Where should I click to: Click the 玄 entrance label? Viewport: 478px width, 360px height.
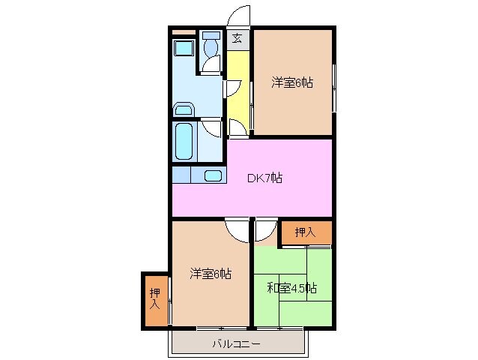click(237, 39)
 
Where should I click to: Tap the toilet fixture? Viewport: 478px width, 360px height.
click(210, 50)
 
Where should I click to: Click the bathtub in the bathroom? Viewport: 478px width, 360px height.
click(184, 140)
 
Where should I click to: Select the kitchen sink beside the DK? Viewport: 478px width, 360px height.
click(213, 176)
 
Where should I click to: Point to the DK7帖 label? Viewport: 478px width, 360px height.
click(265, 178)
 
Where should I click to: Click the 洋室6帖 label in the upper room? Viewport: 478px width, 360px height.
click(292, 83)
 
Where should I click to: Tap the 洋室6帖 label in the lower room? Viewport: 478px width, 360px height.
click(210, 274)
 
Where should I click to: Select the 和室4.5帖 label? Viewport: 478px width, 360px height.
click(292, 287)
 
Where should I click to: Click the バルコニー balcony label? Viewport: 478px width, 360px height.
click(235, 343)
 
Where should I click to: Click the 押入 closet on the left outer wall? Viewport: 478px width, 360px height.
click(155, 298)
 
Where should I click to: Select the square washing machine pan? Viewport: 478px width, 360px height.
click(184, 49)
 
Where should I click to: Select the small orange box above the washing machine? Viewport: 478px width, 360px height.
click(183, 32)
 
